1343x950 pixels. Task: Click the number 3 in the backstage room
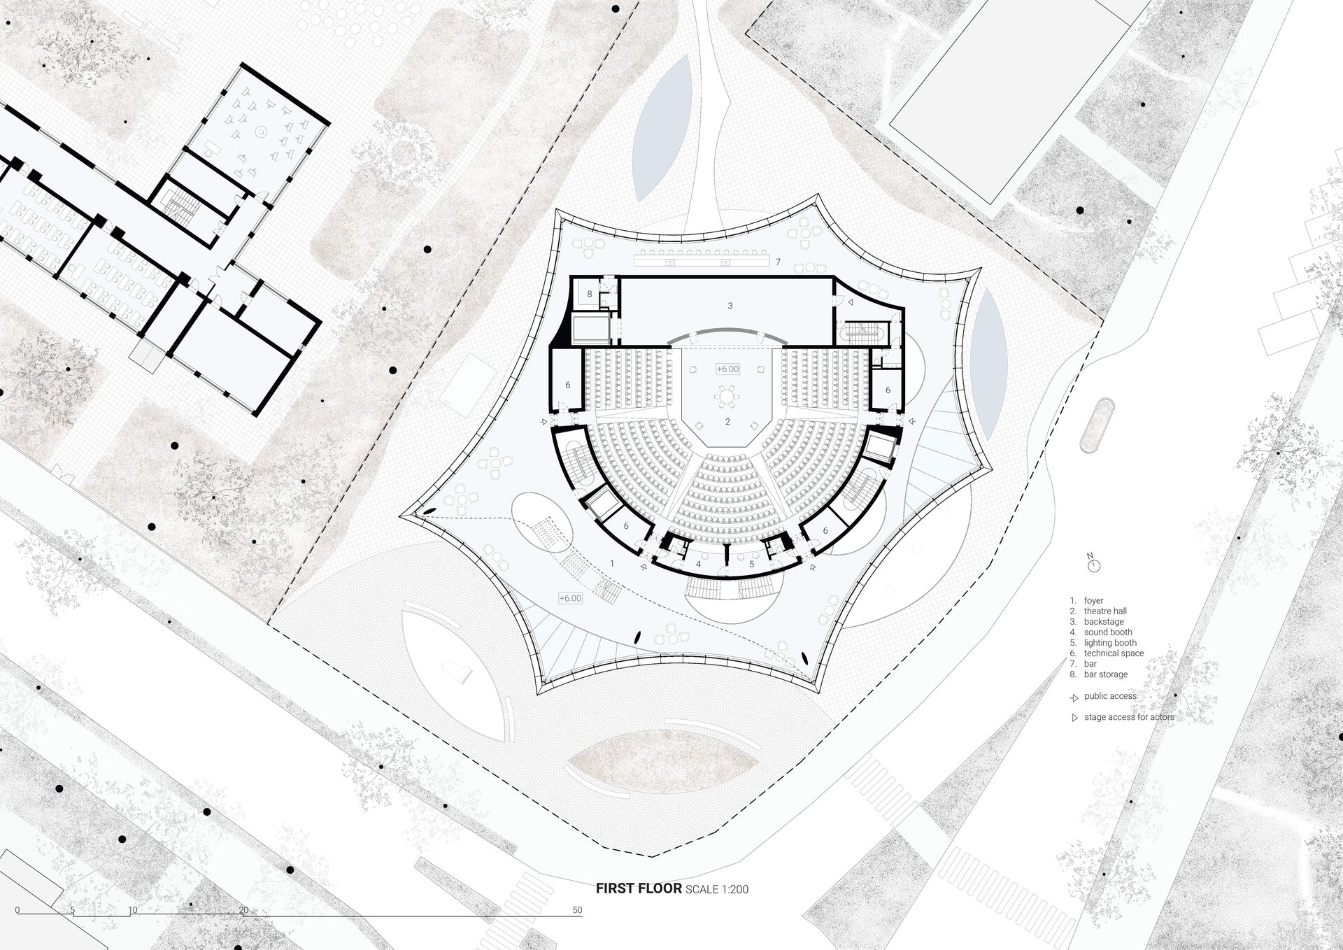coord(730,306)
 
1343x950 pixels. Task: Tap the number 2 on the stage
coord(727,422)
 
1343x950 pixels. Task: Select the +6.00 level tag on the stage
coord(727,369)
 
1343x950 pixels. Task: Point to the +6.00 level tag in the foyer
coord(570,598)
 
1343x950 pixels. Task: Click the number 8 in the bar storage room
coord(590,295)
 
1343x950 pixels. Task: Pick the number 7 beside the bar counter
coord(778,262)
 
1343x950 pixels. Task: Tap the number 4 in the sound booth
coord(698,564)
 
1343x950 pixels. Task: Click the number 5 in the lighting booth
coord(752,564)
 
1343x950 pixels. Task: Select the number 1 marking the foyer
coord(612,563)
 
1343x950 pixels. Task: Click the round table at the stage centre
coord(727,397)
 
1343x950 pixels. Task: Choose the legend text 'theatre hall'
coord(1105,611)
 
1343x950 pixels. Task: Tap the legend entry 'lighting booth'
coord(1110,642)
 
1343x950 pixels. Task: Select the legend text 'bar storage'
coord(1106,674)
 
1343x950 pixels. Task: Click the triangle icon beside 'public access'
coord(1074,697)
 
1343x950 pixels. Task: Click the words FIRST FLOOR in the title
coord(639,888)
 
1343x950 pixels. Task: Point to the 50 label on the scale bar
coord(577,910)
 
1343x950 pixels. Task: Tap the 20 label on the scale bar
coord(243,910)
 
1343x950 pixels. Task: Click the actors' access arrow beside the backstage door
coord(851,303)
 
